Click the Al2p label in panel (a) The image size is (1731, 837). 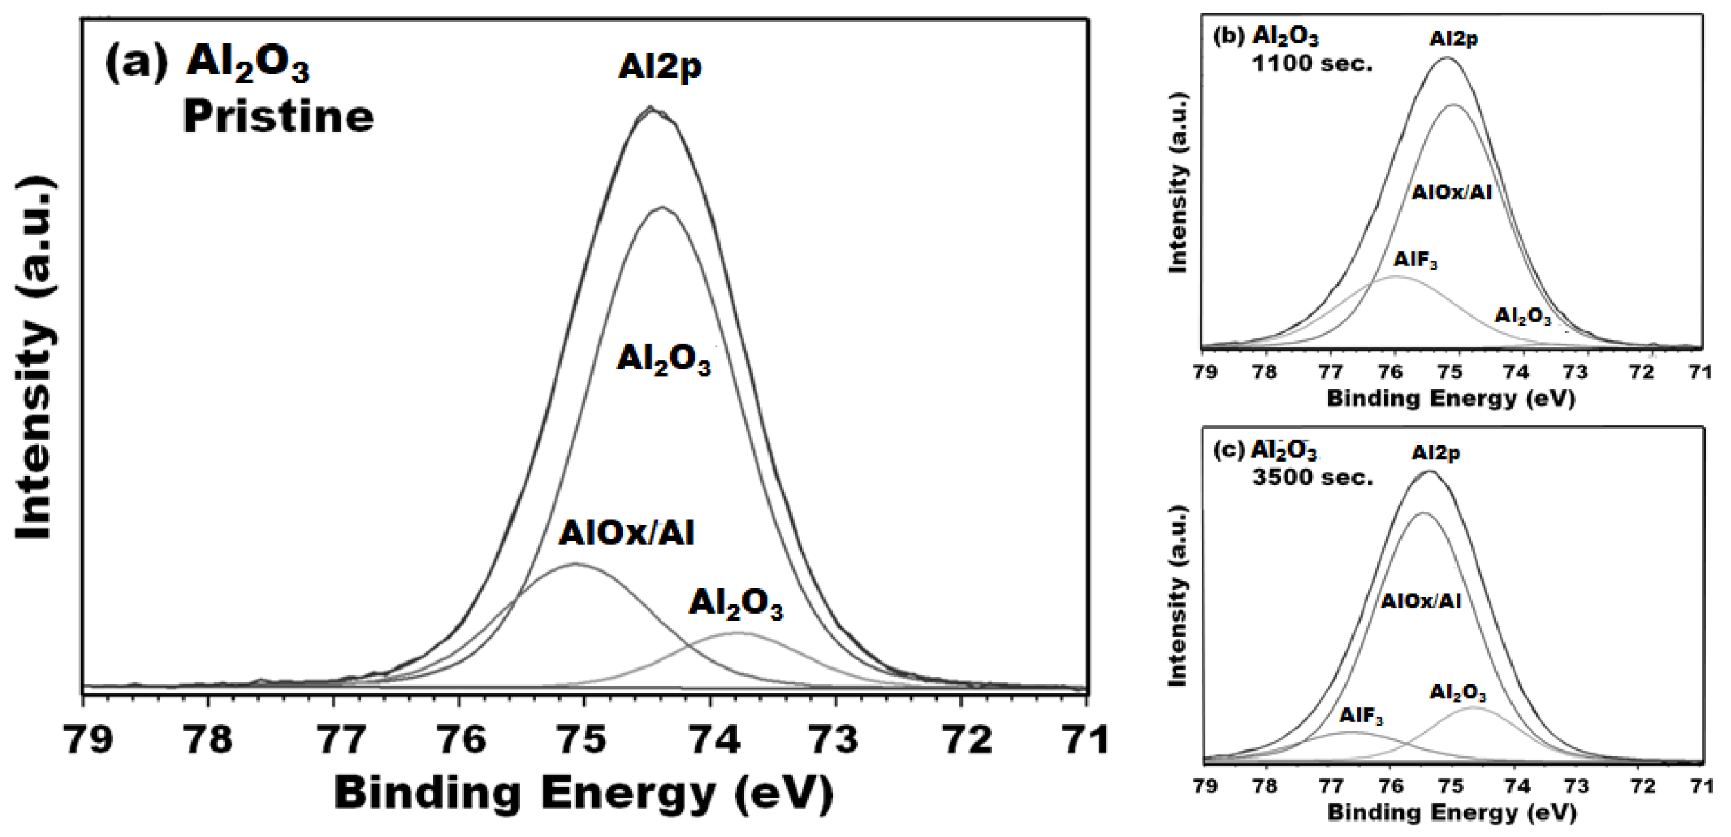[x=659, y=67]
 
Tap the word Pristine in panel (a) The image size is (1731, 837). [x=278, y=116]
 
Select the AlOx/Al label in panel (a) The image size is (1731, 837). [x=626, y=533]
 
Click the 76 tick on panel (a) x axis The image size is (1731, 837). [x=460, y=739]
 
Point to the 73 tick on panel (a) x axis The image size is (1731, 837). [x=836, y=739]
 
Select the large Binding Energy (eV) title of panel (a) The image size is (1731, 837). [x=583, y=793]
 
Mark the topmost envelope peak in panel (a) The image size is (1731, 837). [x=651, y=109]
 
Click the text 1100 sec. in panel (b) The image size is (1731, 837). [x=1312, y=64]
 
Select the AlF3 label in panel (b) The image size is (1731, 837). [x=1415, y=260]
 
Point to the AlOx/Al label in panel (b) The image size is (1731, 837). [x=1451, y=192]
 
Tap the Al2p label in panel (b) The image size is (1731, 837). [x=1454, y=39]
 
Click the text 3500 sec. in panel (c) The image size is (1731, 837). [x=1312, y=478]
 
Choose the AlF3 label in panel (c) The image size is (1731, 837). [x=1361, y=716]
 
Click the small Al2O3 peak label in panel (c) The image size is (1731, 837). [x=1458, y=693]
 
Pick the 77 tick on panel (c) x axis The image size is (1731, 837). [x=1329, y=786]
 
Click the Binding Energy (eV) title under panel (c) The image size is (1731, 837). [x=1451, y=812]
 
